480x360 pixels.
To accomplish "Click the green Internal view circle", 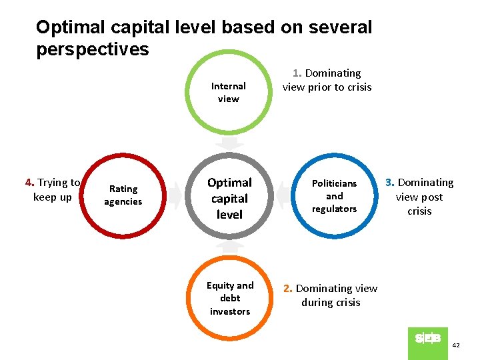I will tap(229, 93).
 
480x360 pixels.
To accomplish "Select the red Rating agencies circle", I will tap(123, 195).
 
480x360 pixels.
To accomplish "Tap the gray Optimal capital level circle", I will tap(229, 198).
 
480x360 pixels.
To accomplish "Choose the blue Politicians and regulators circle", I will tap(334, 196).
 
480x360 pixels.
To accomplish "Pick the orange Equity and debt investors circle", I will tap(229, 298).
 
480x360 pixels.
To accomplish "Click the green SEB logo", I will tap(427, 339).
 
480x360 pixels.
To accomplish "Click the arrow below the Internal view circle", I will tap(229, 144).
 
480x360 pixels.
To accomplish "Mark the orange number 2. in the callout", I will tap(287, 289).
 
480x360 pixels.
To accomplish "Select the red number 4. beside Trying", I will tap(29, 183).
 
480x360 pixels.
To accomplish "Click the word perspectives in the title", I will tap(93, 49).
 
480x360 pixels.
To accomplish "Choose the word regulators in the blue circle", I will tap(334, 209).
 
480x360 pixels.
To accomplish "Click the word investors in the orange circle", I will tap(229, 311).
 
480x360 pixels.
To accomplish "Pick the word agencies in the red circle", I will tap(123, 202).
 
